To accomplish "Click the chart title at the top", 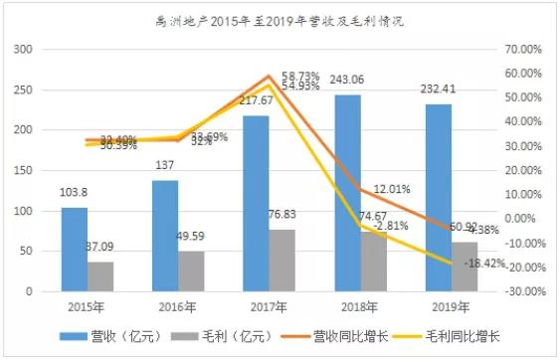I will (280, 18).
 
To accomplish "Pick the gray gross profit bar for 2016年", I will (191, 271).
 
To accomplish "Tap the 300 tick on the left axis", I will (22, 49).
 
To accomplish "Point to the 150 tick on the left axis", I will (22, 170).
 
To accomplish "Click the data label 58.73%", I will (300, 76).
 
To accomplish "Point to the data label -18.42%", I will (460, 264).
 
